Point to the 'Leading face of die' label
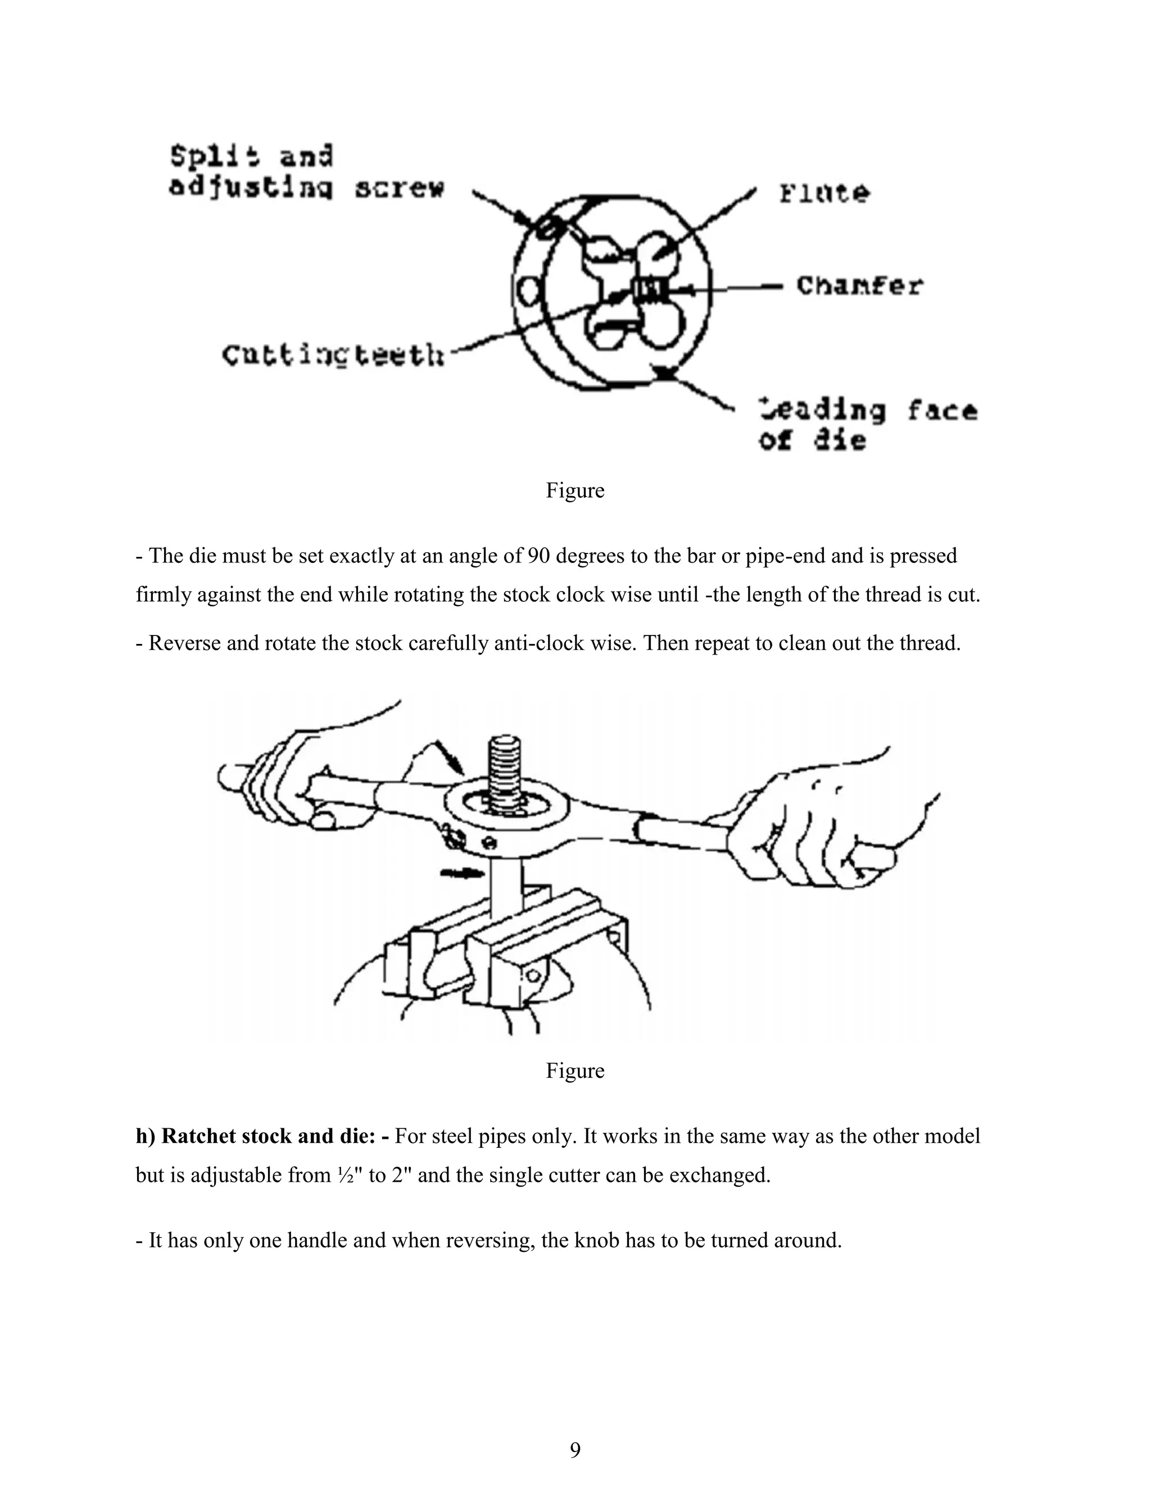[868, 425]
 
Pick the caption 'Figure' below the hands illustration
[575, 1070]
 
